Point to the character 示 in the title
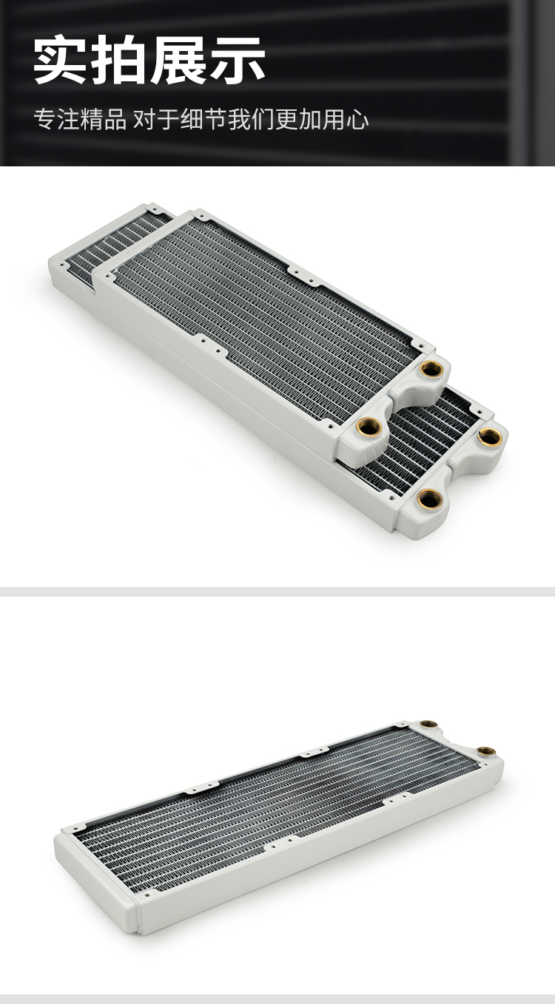point(237,60)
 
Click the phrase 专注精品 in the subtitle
point(81,119)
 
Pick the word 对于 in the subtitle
point(156,119)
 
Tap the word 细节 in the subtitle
point(203,119)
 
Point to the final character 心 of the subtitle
point(357,119)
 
